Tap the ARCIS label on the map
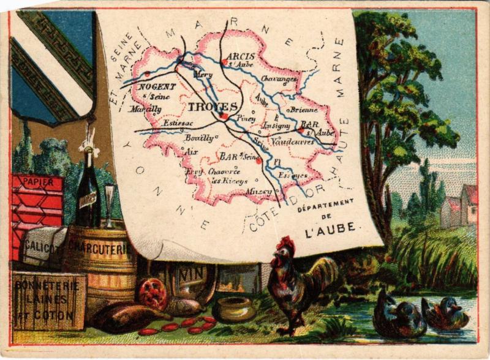pyautogui.click(x=240, y=56)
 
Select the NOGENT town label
pyautogui.click(x=157, y=87)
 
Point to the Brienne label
pyautogui.click(x=304, y=110)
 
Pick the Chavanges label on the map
pyautogui.click(x=279, y=78)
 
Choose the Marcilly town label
pyautogui.click(x=145, y=109)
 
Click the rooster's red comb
pyautogui.click(x=285, y=245)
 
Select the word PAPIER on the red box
pyautogui.click(x=37, y=182)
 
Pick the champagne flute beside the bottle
pyautogui.click(x=110, y=201)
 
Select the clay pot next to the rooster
pyautogui.click(x=233, y=309)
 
